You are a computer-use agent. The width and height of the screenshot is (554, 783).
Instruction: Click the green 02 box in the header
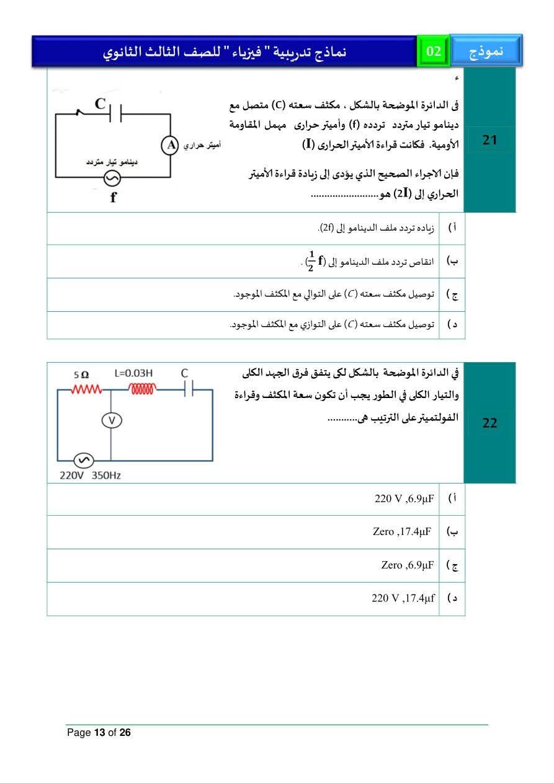432,51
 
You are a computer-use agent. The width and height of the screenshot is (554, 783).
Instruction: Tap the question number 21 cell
489,141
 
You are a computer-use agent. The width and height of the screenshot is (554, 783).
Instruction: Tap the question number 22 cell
489,423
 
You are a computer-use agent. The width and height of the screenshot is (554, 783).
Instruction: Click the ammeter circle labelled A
170,145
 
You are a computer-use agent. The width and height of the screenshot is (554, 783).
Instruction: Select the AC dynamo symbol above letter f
113,178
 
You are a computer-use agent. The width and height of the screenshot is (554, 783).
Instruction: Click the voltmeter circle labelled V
111,420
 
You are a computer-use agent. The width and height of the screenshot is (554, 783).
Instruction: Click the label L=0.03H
133,374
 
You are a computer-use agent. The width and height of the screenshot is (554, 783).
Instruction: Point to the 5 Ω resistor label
81,375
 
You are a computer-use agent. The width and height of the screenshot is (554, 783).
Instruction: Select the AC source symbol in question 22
83,461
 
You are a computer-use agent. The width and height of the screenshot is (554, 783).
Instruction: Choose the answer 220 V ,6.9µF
404,498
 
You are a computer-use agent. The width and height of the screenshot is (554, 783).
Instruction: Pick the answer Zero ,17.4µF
402,532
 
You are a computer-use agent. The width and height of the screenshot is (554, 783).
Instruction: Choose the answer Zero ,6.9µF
407,565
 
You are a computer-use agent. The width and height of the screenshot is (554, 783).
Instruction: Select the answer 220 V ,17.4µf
403,599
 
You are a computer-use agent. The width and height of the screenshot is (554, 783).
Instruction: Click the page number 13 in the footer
99,733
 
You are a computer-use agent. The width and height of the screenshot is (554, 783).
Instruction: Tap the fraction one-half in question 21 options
311,262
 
